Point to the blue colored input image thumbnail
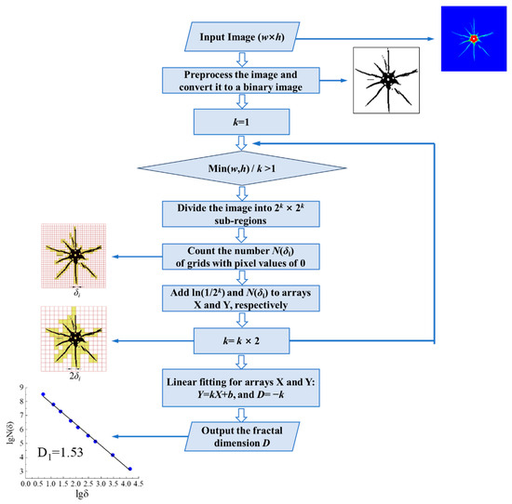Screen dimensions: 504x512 (x=474, y=39)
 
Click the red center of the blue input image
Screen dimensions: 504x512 (x=475, y=38)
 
